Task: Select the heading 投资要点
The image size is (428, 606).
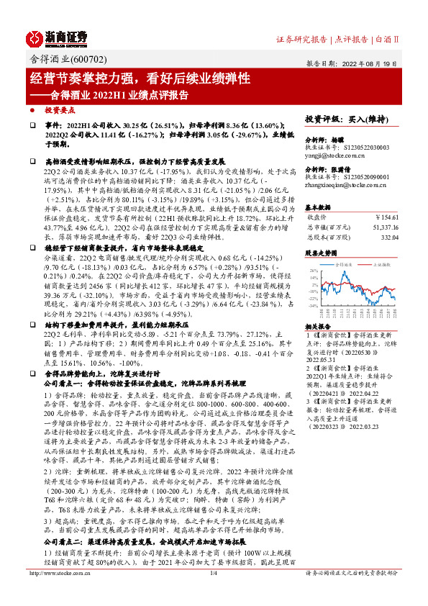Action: pyautogui.click(x=60, y=110)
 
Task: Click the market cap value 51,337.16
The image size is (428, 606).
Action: pyautogui.click(x=383, y=226)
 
